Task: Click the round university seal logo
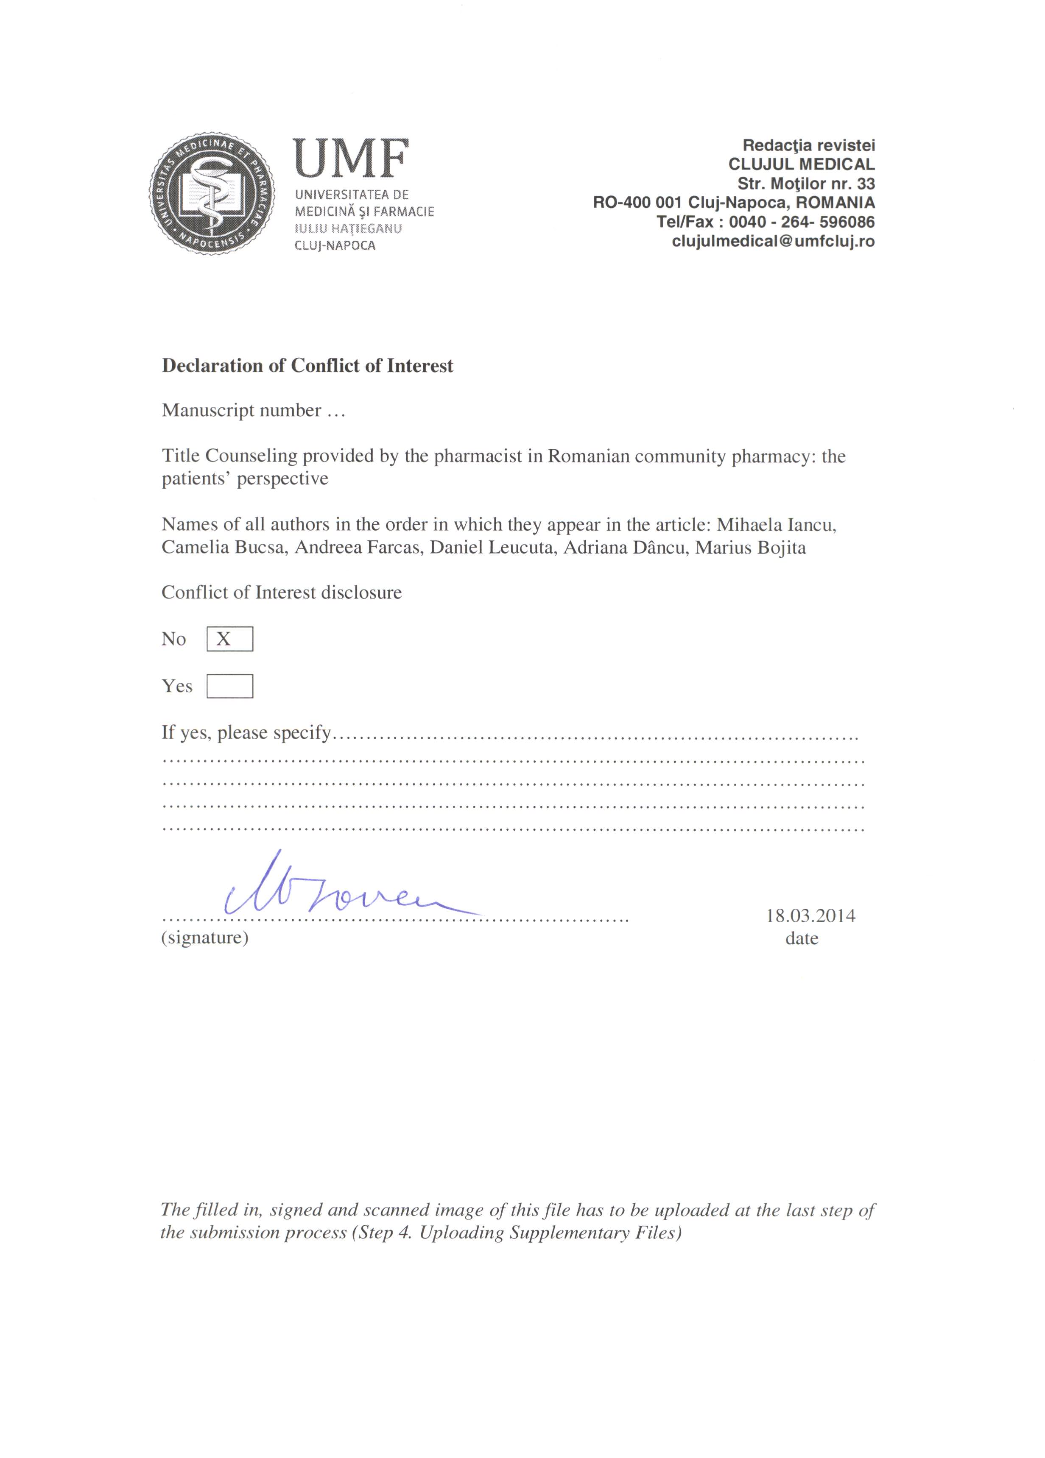(212, 194)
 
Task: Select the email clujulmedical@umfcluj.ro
(773, 242)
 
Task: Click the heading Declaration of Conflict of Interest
(307, 366)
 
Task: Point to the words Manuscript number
(241, 410)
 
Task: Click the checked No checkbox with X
(229, 639)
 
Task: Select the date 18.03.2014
(810, 915)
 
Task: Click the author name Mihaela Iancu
(776, 525)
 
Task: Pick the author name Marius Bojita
(751, 548)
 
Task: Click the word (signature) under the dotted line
(204, 937)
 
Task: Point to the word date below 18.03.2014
(801, 938)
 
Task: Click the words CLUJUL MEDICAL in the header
(801, 164)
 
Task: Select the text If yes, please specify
(246, 732)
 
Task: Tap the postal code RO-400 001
(637, 203)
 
